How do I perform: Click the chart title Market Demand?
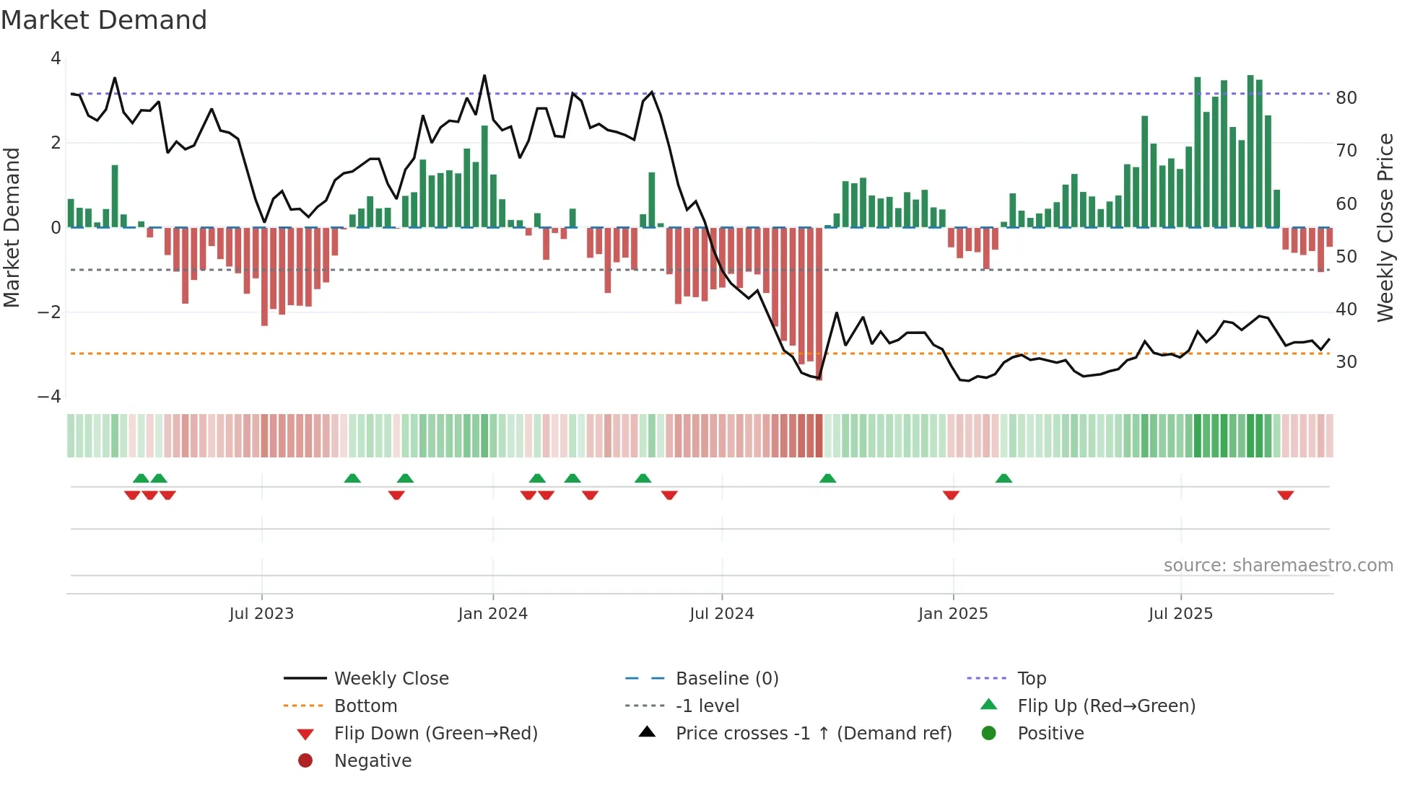104,20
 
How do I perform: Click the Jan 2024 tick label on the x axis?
492,614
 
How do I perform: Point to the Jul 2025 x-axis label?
1180,614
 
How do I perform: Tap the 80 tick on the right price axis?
1346,97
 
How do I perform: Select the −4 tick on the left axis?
49,396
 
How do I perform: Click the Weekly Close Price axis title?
1385,227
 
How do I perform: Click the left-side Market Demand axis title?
12,227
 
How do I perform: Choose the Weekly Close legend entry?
391,678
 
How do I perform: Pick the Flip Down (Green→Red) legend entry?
435,733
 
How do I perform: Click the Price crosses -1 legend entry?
813,733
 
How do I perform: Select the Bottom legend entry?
365,706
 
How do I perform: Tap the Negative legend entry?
373,760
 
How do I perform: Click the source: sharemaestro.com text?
1278,565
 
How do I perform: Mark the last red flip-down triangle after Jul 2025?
1285,495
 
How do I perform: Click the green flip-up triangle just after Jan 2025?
1003,478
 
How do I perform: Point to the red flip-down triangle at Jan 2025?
951,495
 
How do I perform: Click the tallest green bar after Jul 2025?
1250,151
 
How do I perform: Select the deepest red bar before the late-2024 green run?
819,303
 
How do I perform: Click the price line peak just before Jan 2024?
484,75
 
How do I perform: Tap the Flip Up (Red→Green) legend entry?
1106,706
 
